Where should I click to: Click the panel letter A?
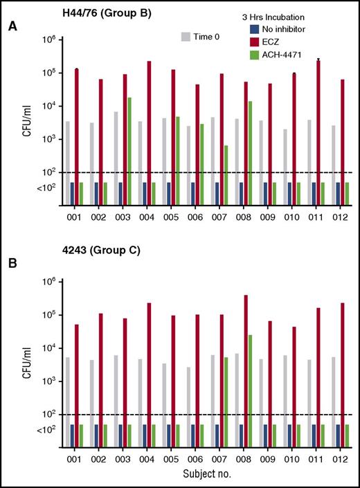click(x=12, y=27)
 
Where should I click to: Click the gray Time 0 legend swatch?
click(x=186, y=36)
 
